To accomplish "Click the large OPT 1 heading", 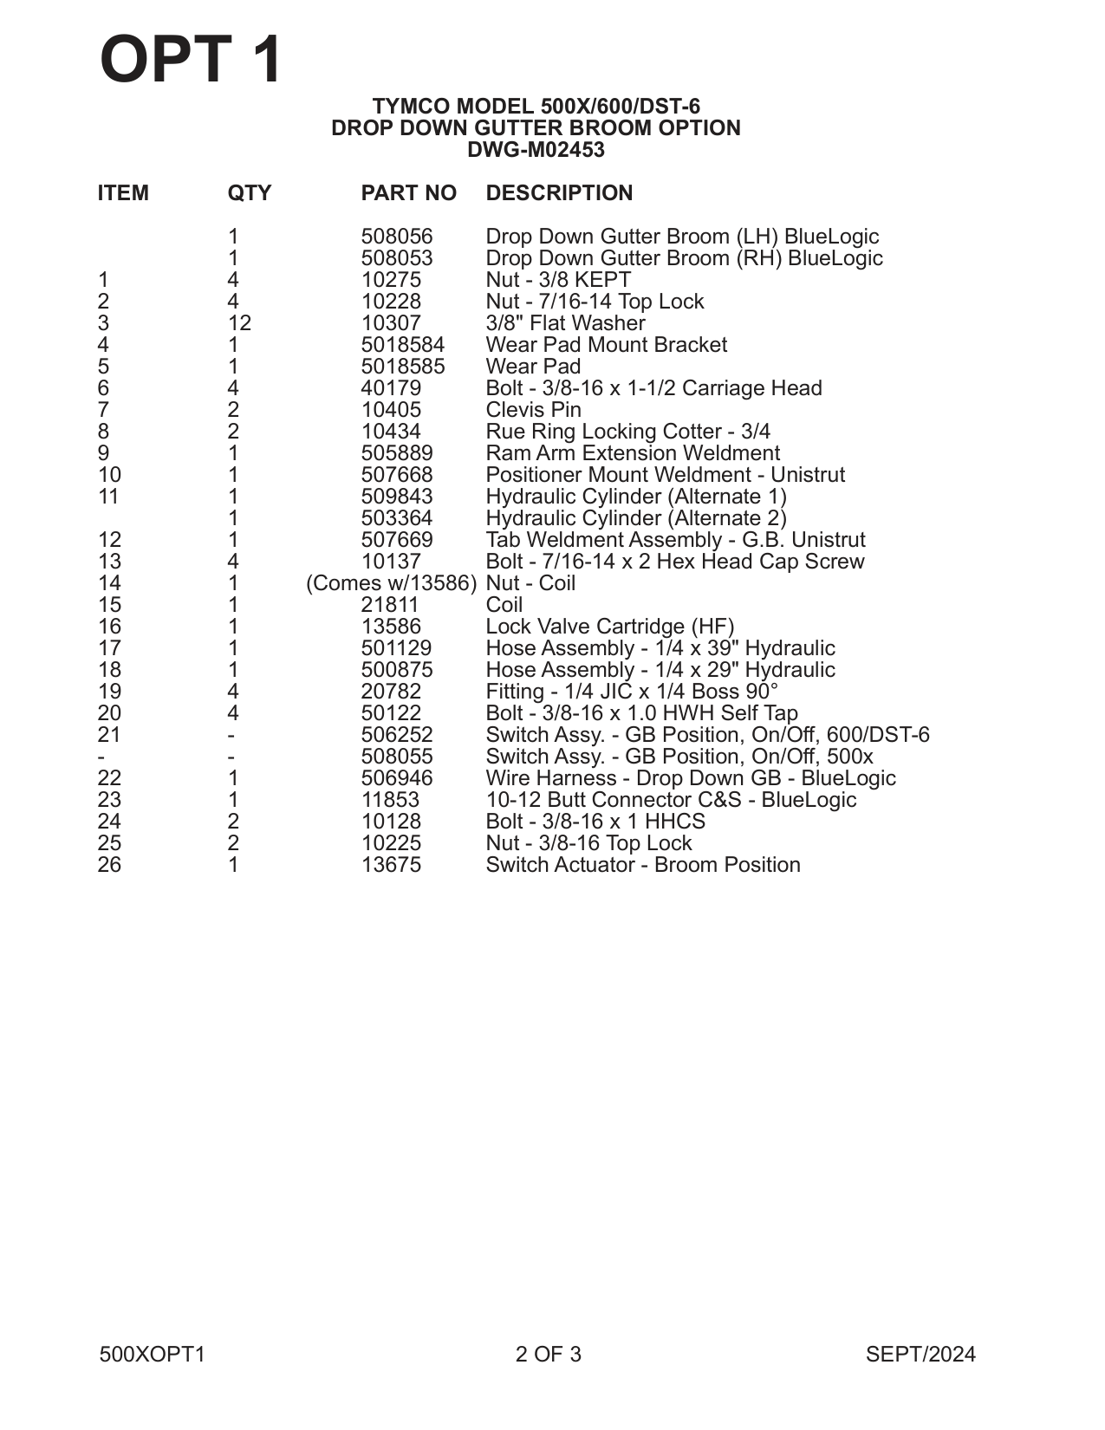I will (192, 60).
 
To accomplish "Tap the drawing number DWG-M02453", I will (536, 150).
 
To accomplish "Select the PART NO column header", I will (408, 193).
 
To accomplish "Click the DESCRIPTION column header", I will (559, 193).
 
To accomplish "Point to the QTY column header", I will (249, 193).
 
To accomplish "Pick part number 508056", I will (396, 237).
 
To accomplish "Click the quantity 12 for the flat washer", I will (239, 323).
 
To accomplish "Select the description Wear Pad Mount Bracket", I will (606, 345).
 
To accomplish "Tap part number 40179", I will (391, 388).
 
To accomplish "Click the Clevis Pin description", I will (533, 410).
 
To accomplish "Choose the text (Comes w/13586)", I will (392, 583).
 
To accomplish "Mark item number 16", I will (109, 627).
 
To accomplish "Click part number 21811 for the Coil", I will (390, 605).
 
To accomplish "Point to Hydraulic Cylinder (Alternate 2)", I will (636, 518).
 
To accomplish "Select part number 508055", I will (396, 757).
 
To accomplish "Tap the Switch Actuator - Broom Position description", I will (642, 865).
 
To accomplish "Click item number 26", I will (109, 865).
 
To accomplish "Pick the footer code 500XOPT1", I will (153, 1355).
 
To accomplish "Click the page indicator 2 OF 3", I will (548, 1355).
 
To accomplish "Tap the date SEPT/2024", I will (920, 1355).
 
